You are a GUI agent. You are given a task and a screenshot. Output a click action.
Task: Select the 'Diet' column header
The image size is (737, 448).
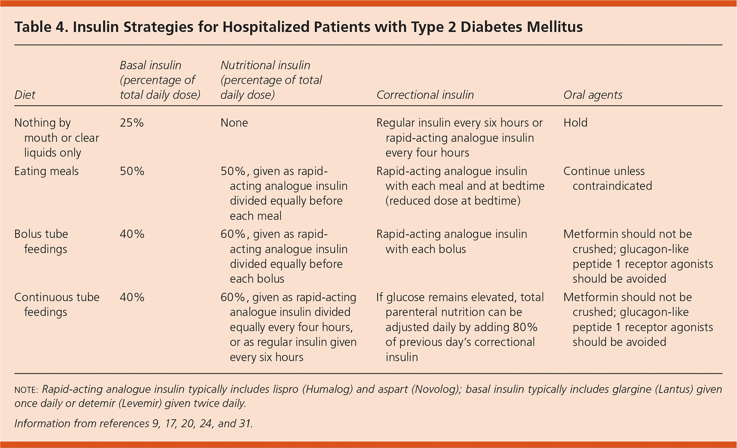click(x=25, y=95)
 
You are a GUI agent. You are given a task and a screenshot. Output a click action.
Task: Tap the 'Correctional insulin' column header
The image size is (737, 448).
click(x=425, y=95)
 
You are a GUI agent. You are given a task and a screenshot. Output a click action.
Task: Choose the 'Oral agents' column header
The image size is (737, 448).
click(x=593, y=95)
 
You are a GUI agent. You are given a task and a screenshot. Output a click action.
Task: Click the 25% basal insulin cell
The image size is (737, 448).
click(x=132, y=123)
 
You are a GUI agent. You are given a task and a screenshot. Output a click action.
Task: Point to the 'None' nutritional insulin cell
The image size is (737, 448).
click(x=234, y=123)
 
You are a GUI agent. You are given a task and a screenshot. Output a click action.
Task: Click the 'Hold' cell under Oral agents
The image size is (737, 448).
click(x=575, y=123)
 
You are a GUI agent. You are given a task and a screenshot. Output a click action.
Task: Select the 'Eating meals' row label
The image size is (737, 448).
click(x=46, y=171)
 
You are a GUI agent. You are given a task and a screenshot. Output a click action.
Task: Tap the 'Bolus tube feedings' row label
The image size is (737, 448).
click(x=41, y=241)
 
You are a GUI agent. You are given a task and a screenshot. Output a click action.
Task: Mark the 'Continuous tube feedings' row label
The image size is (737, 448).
click(x=57, y=305)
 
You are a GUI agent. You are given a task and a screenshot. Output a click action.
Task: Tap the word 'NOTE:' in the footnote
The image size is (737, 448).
click(x=26, y=390)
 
